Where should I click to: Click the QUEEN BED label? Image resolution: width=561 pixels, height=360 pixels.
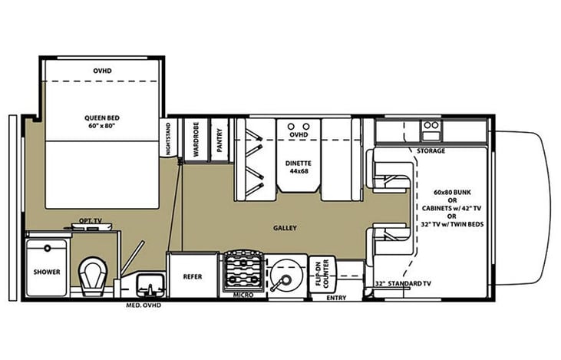tap(102, 122)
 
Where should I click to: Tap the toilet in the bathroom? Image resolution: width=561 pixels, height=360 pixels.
tap(93, 276)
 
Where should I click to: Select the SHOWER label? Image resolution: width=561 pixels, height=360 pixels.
tap(47, 272)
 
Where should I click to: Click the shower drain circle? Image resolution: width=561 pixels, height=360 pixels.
tap(48, 248)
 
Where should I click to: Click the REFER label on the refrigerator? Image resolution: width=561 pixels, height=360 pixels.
tap(193, 276)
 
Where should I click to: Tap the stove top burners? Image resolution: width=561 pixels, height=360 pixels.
tap(244, 272)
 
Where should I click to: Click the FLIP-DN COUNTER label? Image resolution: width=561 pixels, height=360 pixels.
tap(322, 273)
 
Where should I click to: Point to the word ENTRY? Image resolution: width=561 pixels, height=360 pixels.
tap(336, 298)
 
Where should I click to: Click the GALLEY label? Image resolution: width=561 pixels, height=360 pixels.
tap(285, 228)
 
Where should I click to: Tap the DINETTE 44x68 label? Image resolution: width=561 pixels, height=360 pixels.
tap(299, 167)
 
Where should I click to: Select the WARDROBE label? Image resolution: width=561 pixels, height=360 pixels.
tap(196, 139)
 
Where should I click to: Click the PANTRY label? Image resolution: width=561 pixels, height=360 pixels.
tap(219, 140)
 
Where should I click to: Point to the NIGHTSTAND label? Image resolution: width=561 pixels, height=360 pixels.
tap(169, 138)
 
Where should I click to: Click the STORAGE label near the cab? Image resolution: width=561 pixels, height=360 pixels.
tap(431, 151)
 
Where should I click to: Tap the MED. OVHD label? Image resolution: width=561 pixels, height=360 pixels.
tap(144, 306)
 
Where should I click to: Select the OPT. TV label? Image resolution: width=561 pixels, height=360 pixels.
tap(90, 221)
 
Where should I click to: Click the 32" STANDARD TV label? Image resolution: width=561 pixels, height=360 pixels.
tap(403, 284)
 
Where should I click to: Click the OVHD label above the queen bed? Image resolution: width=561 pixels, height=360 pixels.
tap(102, 71)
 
